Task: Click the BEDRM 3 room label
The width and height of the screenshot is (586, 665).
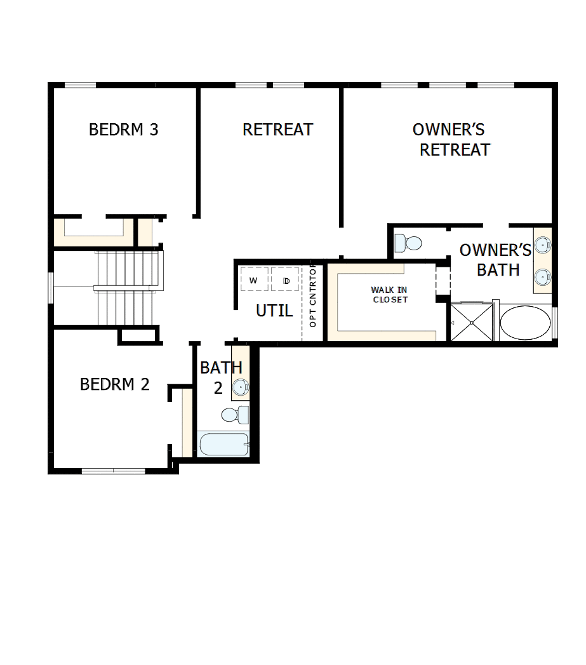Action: [x=123, y=130]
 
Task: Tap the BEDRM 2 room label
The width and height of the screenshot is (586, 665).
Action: [x=115, y=384]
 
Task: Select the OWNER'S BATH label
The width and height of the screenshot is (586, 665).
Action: [x=495, y=260]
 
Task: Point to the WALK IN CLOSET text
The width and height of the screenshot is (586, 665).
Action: [x=390, y=295]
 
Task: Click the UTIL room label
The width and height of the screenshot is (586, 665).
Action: [x=274, y=311]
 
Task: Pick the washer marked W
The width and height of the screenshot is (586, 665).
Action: [x=254, y=279]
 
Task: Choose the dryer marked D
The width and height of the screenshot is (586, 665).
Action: [x=285, y=279]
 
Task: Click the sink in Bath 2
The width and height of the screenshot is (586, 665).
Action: [x=241, y=386]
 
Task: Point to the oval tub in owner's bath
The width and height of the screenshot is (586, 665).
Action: [x=525, y=323]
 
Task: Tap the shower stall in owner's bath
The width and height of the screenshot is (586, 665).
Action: [x=471, y=323]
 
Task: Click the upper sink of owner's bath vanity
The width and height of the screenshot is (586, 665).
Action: [x=542, y=245]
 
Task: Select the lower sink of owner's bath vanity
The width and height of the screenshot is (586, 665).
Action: [x=542, y=276]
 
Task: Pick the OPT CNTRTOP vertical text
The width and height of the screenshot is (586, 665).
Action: [x=312, y=296]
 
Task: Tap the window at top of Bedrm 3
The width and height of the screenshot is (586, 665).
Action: [x=81, y=85]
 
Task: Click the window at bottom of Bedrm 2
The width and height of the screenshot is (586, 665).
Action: [x=114, y=471]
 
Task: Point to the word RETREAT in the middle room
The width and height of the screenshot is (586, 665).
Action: [x=277, y=130]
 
